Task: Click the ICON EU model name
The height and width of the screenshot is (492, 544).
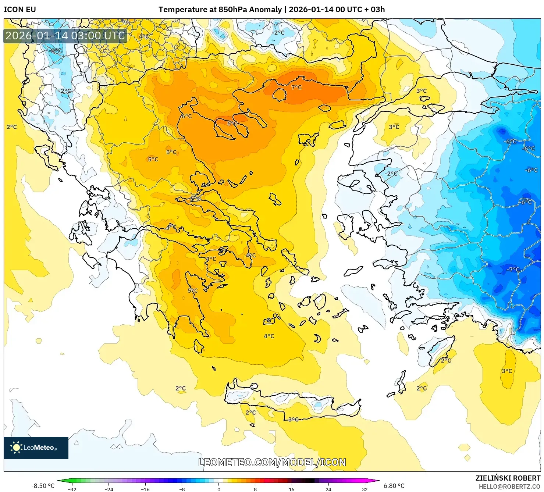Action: (20, 10)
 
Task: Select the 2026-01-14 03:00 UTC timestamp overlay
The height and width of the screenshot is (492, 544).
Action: (65, 36)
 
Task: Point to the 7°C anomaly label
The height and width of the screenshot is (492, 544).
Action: (296, 87)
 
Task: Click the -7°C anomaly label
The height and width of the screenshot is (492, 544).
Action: (513, 270)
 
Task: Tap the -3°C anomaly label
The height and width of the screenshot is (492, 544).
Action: (56, 51)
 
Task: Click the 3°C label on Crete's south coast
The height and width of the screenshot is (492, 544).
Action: (293, 419)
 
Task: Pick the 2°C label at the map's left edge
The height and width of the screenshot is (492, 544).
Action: (12, 127)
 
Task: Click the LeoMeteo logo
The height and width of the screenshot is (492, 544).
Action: (36, 448)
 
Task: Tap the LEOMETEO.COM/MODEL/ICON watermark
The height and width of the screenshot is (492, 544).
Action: (272, 462)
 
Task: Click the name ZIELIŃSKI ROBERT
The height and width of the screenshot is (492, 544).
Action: (508, 478)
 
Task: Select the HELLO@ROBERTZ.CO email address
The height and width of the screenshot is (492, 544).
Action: (509, 486)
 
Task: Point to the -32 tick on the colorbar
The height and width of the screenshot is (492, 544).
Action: (72, 489)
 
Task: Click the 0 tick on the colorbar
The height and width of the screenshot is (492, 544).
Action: (219, 489)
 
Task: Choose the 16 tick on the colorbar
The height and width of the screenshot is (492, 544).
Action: (292, 489)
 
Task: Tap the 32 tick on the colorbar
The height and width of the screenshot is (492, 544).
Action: (365, 489)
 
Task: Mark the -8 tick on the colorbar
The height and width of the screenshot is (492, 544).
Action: (182, 489)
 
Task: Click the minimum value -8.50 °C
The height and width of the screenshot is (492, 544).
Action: (43, 486)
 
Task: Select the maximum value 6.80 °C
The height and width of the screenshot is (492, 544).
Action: (394, 486)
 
